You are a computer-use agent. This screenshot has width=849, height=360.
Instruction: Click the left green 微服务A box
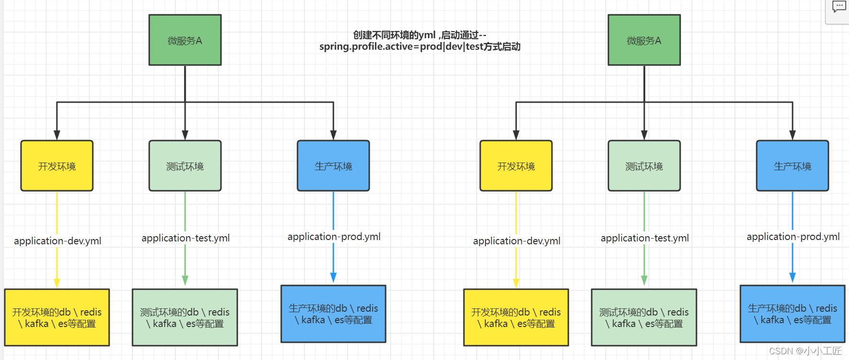pos(185,40)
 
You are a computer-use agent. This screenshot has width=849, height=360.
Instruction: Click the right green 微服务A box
pos(644,40)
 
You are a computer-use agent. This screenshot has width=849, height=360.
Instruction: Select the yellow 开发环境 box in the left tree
pos(57,166)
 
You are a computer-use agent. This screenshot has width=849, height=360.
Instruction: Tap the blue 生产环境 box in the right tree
pos(792,166)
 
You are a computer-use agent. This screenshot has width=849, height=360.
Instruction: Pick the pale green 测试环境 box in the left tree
pos(185,166)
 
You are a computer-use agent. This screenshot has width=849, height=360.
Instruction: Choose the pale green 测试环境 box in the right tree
pos(644,166)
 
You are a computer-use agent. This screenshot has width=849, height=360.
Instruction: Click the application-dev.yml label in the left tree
pos(57,241)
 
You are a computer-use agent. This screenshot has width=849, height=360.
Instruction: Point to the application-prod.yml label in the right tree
pos(793,237)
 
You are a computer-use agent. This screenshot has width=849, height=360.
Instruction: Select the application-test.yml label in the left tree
pos(186,238)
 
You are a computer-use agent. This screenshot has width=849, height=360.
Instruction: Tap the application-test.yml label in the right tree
pos(644,238)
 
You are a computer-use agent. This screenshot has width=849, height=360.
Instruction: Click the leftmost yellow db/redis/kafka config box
pos(57,317)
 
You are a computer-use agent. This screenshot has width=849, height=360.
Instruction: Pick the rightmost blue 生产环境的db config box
pos(792,314)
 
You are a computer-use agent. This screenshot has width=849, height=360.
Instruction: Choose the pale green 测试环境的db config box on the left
pos(185,317)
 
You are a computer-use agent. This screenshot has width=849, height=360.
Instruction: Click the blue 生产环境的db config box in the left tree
pos(333,314)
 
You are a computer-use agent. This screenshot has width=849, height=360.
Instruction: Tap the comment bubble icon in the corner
pos(838,7)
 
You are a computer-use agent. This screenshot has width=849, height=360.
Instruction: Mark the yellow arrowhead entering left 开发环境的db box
pos(57,283)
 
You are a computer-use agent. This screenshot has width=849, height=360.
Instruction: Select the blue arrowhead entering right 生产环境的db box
pos(792,278)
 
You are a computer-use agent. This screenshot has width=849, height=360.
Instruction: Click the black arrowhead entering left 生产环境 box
pos(333,135)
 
